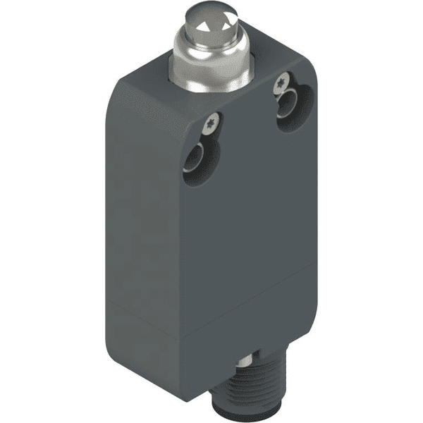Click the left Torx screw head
pos(211,125)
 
